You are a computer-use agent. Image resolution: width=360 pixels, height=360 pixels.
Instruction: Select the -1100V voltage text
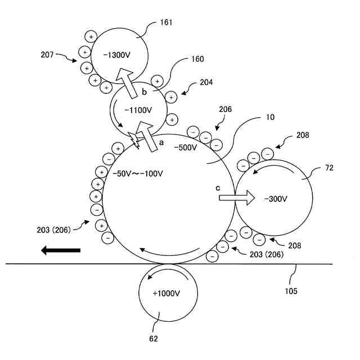[x=137, y=111]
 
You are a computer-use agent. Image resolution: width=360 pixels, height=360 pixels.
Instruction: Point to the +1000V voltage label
[x=166, y=294]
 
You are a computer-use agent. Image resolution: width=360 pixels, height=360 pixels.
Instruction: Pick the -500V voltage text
[x=185, y=147]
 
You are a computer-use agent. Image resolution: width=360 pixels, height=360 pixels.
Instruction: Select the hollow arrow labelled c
[x=236, y=197]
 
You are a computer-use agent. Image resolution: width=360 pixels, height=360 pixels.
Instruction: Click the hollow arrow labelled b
[x=127, y=82]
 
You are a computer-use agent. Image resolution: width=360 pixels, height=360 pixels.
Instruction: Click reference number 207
[x=48, y=55]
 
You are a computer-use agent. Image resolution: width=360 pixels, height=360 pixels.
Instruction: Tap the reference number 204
[x=206, y=82]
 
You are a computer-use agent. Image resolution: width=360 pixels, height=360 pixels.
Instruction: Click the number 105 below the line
[x=291, y=291]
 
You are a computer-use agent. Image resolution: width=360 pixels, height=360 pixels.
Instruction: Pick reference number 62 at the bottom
[x=154, y=339]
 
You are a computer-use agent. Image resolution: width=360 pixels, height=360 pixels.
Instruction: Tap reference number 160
[x=197, y=58]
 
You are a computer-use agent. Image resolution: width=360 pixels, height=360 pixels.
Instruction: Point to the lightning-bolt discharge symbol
[x=134, y=137]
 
